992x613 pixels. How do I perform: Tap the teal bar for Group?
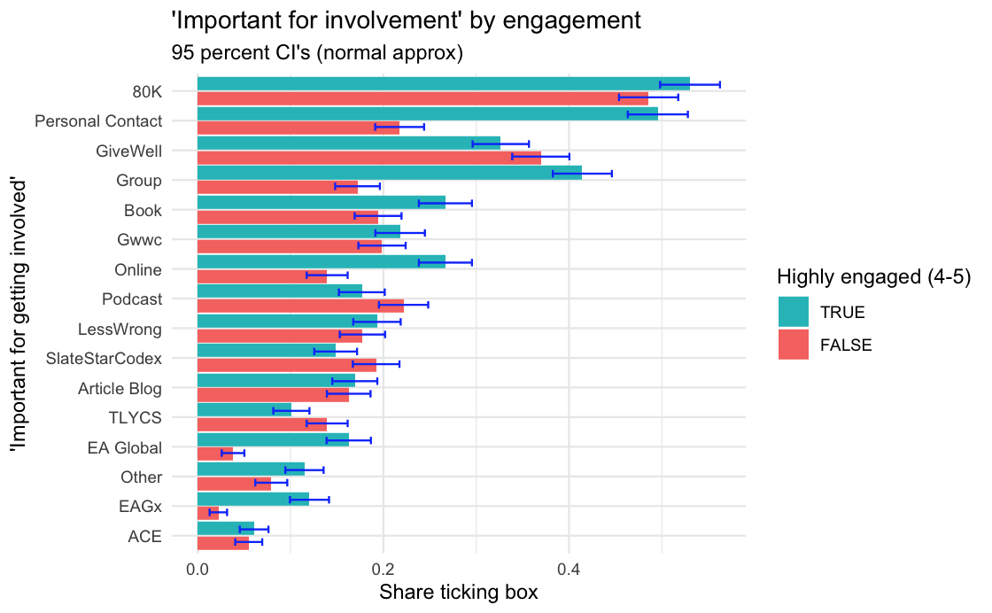pos(389,173)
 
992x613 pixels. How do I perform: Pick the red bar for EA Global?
pos(214,454)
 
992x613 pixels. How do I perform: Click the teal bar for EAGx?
pos(252,499)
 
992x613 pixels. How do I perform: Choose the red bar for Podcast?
pos(299,306)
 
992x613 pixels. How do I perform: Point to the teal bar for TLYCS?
pos(244,410)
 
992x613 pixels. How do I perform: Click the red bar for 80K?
pos(422,98)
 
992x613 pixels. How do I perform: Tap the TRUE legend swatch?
pos(794,312)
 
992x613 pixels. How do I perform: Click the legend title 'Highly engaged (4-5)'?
pos(874,276)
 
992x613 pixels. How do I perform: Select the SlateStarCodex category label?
pos(105,359)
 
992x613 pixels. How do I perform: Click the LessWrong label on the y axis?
pos(120,330)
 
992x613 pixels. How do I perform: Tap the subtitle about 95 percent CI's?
pos(316,53)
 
